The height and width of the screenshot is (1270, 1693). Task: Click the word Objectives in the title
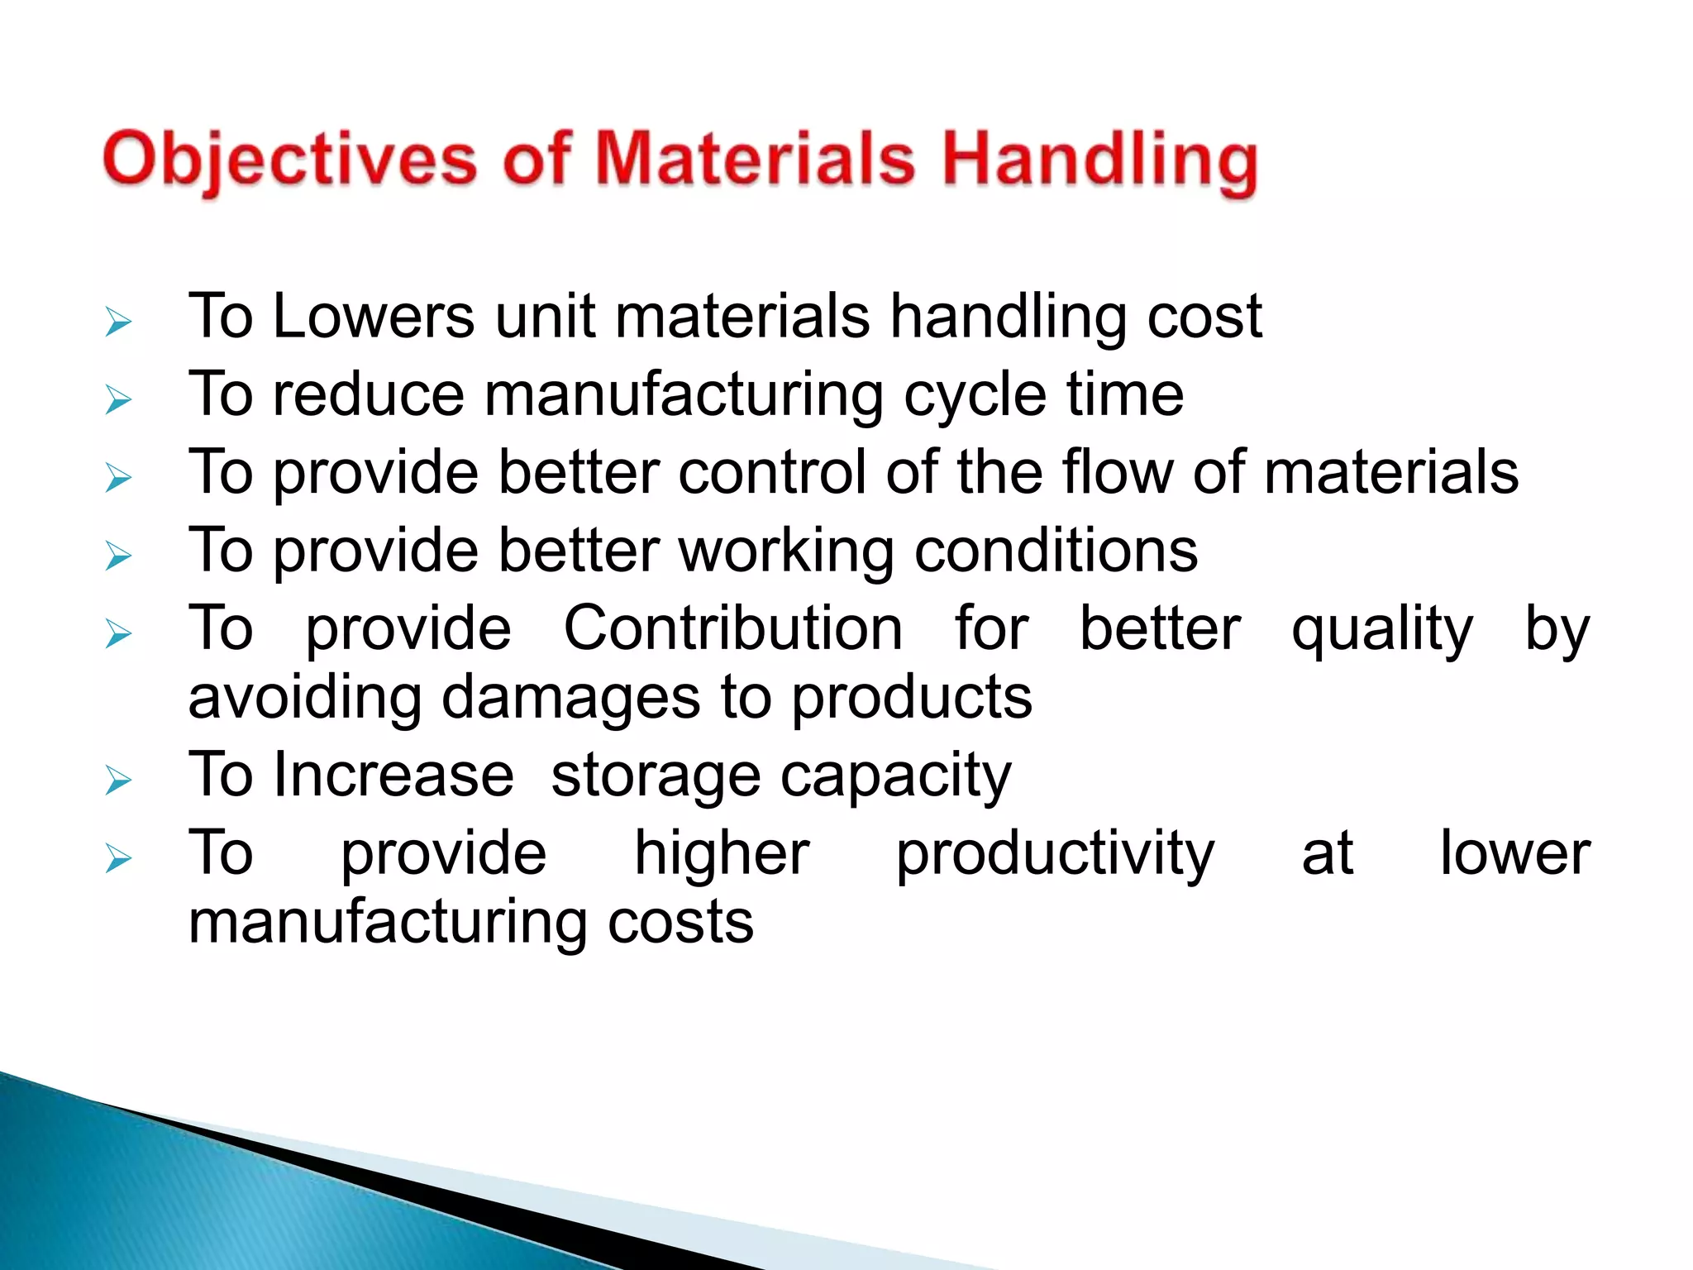pyautogui.click(x=289, y=160)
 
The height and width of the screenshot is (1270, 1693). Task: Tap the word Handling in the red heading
pyautogui.click(x=1099, y=160)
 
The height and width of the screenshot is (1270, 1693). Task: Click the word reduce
pyautogui.click(x=369, y=394)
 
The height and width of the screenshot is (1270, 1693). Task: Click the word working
pyautogui.click(x=786, y=551)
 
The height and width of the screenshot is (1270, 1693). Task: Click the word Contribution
pyautogui.click(x=733, y=628)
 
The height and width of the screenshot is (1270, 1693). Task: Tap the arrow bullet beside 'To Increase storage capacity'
pyautogui.click(x=118, y=780)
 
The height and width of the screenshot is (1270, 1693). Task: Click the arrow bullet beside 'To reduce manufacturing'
pyautogui.click(x=118, y=400)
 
